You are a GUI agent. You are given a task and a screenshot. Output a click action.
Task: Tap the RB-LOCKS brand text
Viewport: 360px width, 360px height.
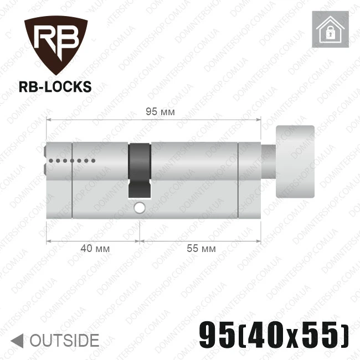tap(55, 87)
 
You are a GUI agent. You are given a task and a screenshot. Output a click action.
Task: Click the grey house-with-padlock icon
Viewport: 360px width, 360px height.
tap(330, 29)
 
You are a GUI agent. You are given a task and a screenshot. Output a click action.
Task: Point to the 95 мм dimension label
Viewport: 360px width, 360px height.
tap(160, 112)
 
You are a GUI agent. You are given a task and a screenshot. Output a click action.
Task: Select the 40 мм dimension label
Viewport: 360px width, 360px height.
tap(95, 249)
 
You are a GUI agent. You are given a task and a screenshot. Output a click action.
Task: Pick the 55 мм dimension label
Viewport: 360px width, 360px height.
tap(201, 249)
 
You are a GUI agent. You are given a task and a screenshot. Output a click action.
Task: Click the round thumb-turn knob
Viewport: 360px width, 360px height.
tap(295, 162)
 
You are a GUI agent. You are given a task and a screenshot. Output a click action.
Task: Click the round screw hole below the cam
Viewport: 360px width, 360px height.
tap(140, 208)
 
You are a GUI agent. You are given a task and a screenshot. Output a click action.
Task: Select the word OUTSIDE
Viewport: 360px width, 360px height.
tap(64, 341)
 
